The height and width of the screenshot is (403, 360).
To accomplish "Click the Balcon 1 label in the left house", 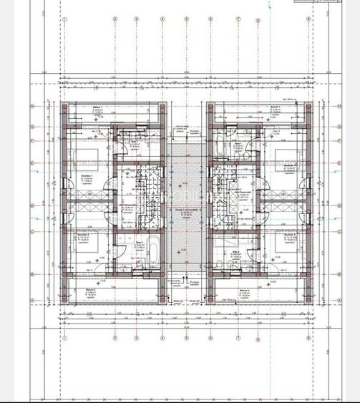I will [x=97, y=108].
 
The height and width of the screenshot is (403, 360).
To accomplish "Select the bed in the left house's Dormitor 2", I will [x=81, y=256].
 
